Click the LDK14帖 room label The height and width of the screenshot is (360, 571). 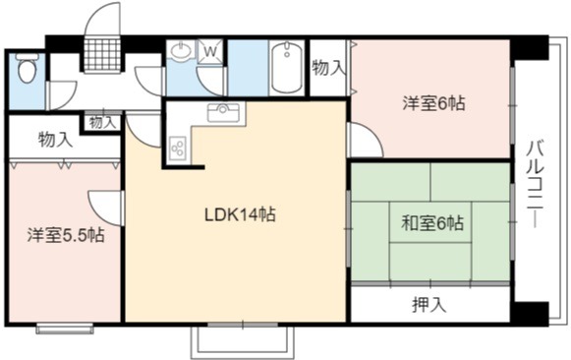(x=240, y=214)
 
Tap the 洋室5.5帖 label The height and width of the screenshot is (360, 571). (x=66, y=235)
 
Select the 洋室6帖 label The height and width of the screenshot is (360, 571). (x=433, y=103)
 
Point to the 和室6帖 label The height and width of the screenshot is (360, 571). (x=432, y=223)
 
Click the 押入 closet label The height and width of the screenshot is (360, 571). (x=429, y=304)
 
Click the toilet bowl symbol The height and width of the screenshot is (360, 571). (x=27, y=68)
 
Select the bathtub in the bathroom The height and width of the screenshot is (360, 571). (x=287, y=68)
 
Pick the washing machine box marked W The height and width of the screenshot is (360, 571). (x=210, y=52)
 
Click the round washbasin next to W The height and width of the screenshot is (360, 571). (x=181, y=51)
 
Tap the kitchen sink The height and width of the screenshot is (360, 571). (x=223, y=112)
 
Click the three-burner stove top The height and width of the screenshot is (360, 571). (x=177, y=148)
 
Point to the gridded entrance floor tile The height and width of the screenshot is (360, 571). (x=102, y=54)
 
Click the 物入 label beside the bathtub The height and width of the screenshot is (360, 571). (x=327, y=68)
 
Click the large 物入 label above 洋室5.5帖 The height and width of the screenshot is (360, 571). (x=55, y=140)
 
